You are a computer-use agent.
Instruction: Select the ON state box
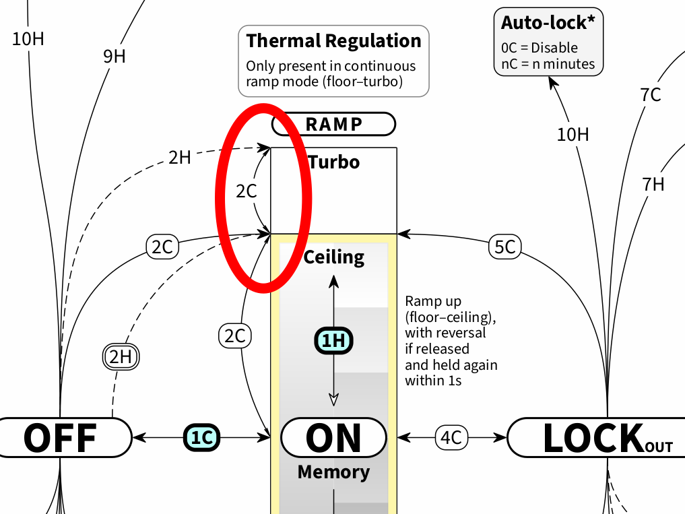pos(333,437)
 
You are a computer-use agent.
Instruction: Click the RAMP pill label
pos(333,124)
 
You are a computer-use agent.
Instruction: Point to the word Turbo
pos(334,162)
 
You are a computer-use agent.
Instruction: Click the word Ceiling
pos(334,257)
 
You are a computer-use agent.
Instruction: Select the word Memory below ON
pos(333,472)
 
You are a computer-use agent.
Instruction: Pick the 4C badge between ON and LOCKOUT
pos(450,437)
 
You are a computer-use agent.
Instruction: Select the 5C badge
pos(504,247)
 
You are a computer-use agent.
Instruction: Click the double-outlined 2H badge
pos(121,356)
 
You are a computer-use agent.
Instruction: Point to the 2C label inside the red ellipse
pos(247,191)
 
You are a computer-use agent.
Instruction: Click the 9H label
pos(115,57)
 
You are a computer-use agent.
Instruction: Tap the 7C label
pos(651,95)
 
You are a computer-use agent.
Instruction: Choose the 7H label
pos(653,183)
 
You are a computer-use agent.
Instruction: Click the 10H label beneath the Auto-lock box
pos(573,135)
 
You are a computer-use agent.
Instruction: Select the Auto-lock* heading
pos(548,22)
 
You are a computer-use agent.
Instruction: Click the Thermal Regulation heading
pos(333,40)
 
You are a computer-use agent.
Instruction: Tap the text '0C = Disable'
pos(540,48)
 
